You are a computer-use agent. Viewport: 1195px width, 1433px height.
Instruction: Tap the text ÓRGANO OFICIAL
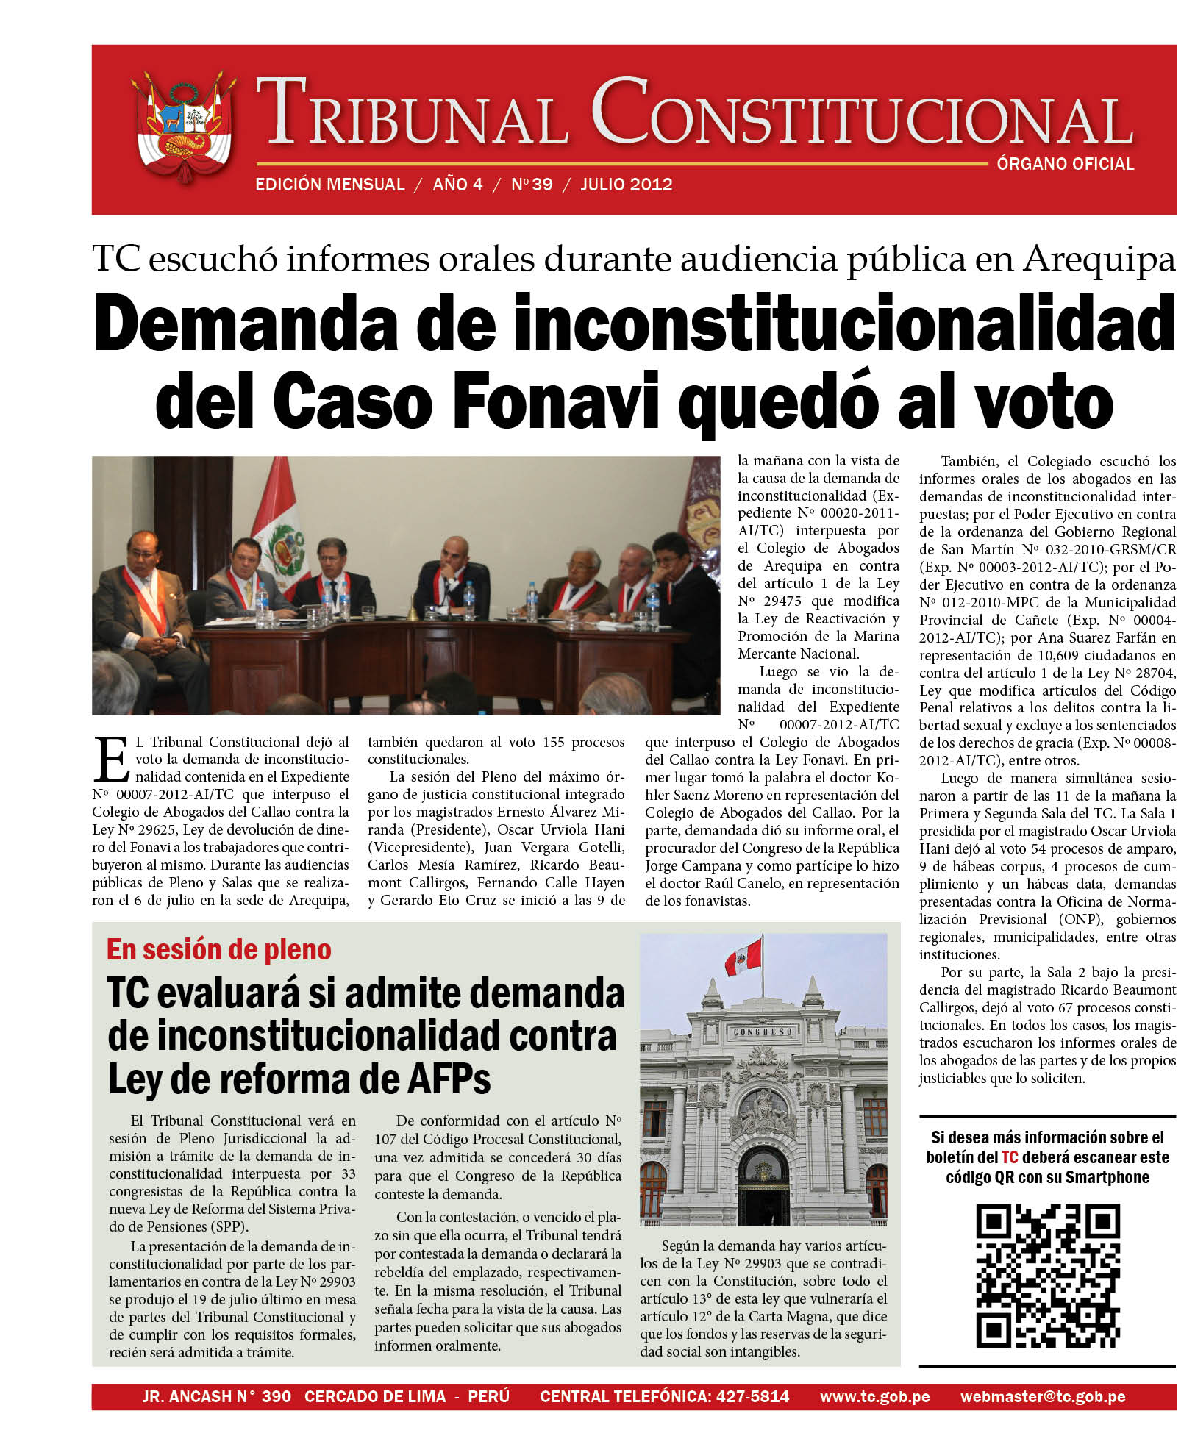(1065, 164)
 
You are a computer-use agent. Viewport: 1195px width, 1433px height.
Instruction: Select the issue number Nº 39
(532, 185)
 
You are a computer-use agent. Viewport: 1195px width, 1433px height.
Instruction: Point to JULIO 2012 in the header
(627, 185)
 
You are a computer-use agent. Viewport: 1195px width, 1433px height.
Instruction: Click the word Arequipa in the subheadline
(1099, 259)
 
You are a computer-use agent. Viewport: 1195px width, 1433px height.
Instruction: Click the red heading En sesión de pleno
(219, 950)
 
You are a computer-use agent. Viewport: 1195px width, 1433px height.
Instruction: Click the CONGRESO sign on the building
(763, 1032)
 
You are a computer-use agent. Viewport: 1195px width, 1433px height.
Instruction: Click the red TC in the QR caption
(1009, 1157)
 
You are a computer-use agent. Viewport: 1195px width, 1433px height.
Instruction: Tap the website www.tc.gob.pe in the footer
(874, 1396)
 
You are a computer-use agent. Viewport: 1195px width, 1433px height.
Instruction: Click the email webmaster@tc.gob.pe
(1042, 1396)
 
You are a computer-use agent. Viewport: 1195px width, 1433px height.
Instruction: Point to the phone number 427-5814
(752, 1396)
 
